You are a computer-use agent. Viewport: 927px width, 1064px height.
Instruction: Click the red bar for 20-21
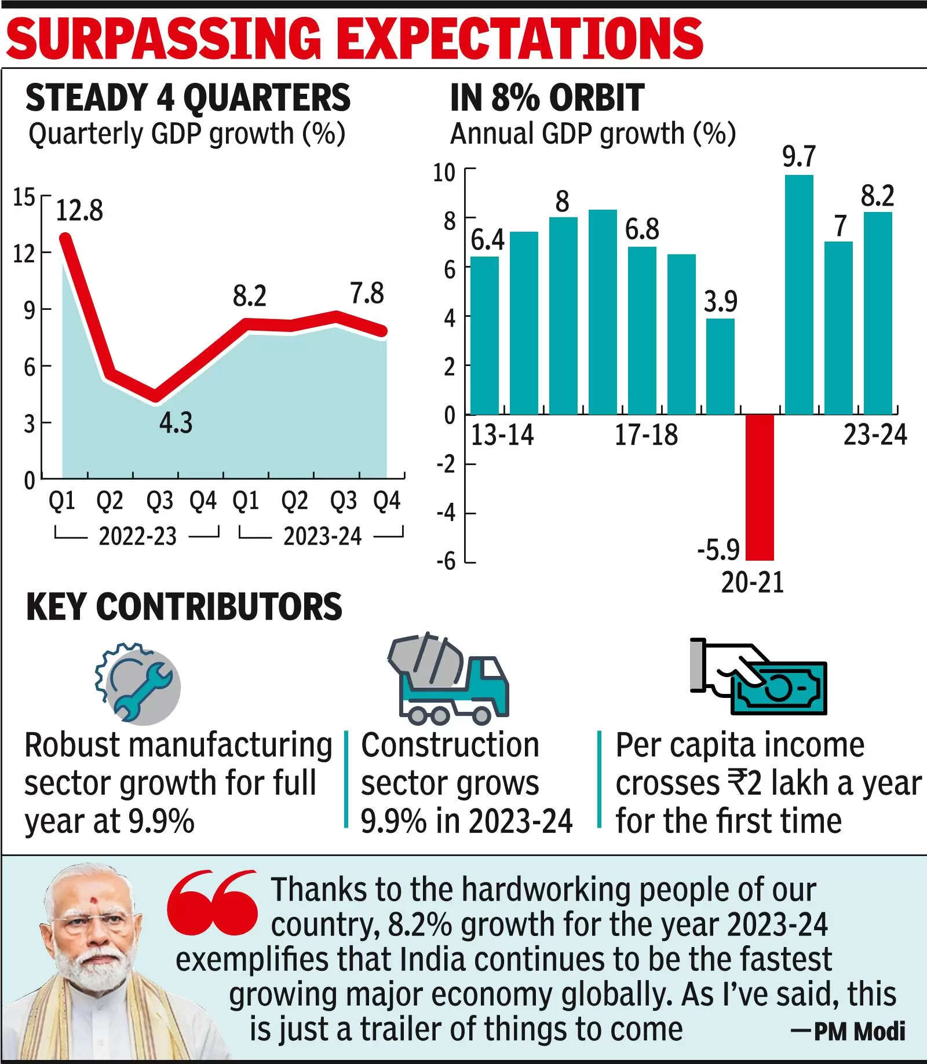click(760, 488)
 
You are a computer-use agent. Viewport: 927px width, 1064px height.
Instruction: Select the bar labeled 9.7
click(799, 295)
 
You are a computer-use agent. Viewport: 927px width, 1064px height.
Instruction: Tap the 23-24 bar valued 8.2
click(878, 313)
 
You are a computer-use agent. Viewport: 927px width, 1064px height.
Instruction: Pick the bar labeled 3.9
click(720, 367)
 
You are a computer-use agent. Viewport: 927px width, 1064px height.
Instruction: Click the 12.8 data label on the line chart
click(79, 210)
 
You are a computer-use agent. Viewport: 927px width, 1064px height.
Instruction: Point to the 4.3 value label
click(176, 423)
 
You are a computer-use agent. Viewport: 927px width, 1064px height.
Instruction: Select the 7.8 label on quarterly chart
click(367, 294)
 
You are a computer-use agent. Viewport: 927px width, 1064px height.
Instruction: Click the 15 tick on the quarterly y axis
click(24, 198)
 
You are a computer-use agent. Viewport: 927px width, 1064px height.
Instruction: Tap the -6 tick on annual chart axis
click(446, 561)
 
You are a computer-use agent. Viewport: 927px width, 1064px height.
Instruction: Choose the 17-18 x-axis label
click(646, 434)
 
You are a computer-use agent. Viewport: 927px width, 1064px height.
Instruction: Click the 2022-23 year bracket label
click(137, 536)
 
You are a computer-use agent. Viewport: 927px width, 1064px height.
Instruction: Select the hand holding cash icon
click(758, 677)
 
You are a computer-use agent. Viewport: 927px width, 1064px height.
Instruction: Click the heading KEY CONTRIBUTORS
click(184, 607)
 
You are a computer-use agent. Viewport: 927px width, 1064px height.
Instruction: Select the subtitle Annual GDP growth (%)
click(593, 134)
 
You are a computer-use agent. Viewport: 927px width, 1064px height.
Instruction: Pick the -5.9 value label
click(718, 549)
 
